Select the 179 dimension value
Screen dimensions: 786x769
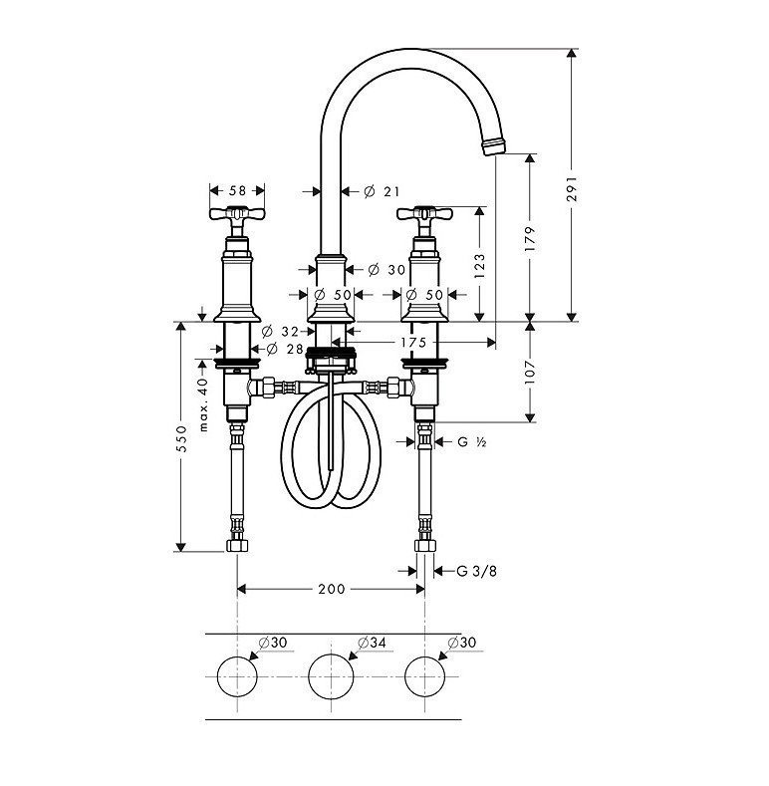click(x=530, y=238)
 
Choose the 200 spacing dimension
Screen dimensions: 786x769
click(x=331, y=589)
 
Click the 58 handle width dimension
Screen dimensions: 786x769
click(x=237, y=189)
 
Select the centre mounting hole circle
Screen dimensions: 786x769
click(x=332, y=676)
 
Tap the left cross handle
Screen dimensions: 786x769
click(x=237, y=214)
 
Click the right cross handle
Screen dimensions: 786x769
click(x=426, y=214)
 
